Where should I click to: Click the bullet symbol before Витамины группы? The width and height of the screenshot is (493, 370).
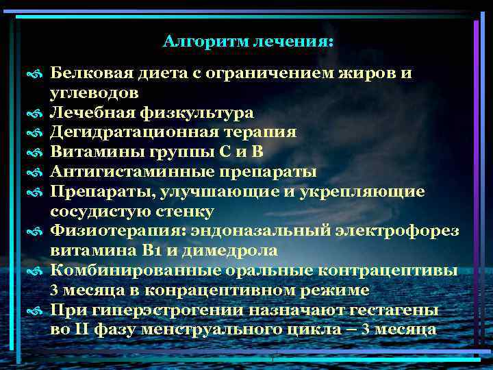(37, 152)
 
